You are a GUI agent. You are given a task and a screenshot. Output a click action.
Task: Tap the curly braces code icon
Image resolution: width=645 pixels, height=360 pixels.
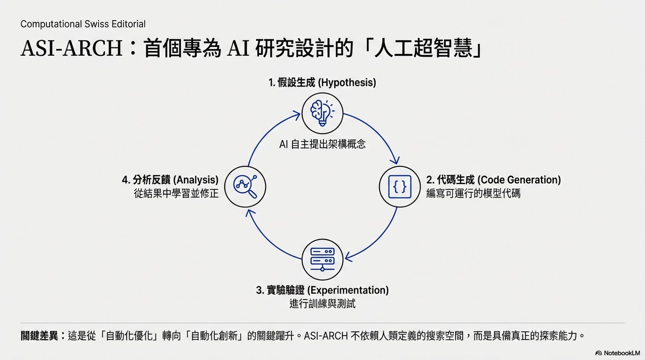point(399,187)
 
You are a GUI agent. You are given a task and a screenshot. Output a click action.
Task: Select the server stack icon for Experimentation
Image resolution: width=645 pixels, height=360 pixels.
point(322,259)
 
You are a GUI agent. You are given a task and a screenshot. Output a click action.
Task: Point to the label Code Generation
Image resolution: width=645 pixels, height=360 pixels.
point(519,180)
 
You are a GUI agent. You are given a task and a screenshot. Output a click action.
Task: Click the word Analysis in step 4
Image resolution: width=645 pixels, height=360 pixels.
point(196,180)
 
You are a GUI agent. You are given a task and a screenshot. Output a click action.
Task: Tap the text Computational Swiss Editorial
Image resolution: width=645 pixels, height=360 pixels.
point(83,24)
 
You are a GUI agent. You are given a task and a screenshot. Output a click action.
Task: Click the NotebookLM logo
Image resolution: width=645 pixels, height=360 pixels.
point(617,353)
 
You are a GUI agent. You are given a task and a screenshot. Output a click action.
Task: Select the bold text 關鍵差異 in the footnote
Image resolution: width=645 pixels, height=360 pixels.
point(40,336)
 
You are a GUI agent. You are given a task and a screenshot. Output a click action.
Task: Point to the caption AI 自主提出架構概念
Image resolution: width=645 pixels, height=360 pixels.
point(322,145)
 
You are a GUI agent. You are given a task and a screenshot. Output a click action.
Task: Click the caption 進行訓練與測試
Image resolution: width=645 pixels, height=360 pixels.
point(322,304)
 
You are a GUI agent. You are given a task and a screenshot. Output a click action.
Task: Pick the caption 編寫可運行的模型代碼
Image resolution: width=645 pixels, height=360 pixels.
point(473,194)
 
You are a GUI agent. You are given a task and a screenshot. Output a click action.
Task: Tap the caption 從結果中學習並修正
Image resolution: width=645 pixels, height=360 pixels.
point(176,194)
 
